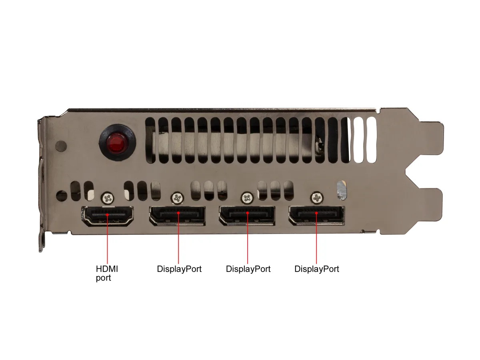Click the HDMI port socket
pyautogui.click(x=107, y=216)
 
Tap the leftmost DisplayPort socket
pyautogui.click(x=177, y=216)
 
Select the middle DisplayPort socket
pyautogui.click(x=247, y=216)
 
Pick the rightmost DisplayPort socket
pyautogui.click(x=316, y=216)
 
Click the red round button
pyautogui.click(x=117, y=142)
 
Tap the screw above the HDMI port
pyautogui.click(x=107, y=198)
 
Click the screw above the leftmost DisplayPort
pyautogui.click(x=177, y=198)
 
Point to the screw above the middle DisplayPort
pyautogui.click(x=247, y=198)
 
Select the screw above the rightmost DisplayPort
pyautogui.click(x=317, y=198)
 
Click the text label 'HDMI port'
pyautogui.click(x=107, y=273)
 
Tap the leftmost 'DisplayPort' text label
pyautogui.click(x=179, y=269)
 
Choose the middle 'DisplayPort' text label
pyautogui.click(x=248, y=269)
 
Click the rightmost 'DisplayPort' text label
pyautogui.click(x=317, y=269)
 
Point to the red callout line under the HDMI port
pyautogui.click(x=107, y=239)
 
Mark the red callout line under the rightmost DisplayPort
pyautogui.click(x=316, y=238)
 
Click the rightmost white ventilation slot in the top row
pyautogui.click(x=371, y=140)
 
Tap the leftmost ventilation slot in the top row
pyautogui.click(x=150, y=140)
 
